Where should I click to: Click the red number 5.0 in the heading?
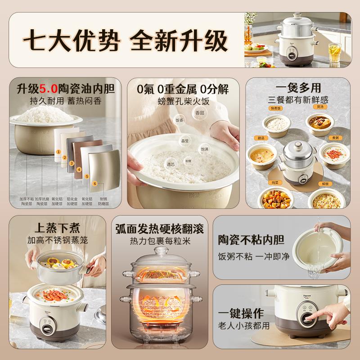point(46,89)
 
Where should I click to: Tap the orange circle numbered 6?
point(94,183)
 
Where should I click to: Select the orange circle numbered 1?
point(58,152)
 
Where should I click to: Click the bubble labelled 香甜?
point(200,113)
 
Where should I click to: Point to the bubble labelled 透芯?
point(171,165)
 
